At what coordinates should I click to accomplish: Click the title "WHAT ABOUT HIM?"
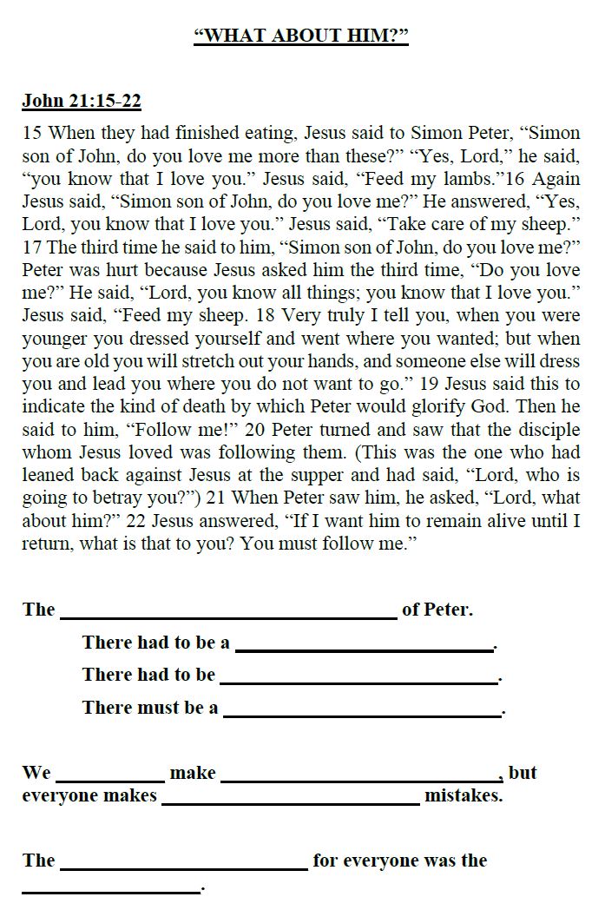301,36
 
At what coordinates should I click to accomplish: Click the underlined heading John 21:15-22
81,101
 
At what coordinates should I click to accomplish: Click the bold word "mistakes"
463,795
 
